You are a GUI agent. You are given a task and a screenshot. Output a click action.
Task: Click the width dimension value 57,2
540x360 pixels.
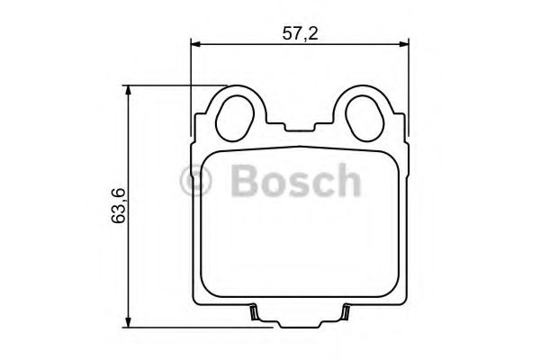point(301,33)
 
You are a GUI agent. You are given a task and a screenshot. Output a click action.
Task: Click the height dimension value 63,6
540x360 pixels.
point(118,207)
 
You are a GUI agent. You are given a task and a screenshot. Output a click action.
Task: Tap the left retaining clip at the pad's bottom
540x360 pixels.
point(254,314)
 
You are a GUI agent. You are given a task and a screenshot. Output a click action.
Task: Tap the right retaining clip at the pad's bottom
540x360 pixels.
point(345,314)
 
